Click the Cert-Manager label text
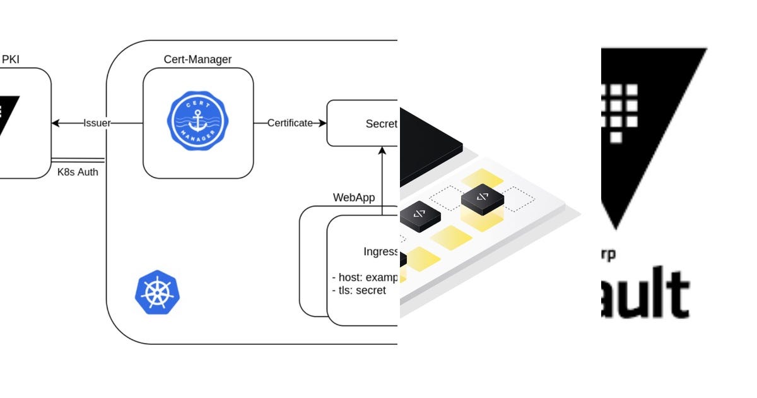pos(197,60)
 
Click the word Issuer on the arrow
pos(97,123)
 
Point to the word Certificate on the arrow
pos(290,123)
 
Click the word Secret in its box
pos(381,124)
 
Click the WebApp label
pos(354,198)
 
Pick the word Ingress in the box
pos(380,251)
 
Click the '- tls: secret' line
pos(359,291)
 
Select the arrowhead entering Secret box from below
pos(382,150)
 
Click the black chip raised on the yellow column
pos(483,198)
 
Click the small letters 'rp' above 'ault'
pos(609,255)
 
